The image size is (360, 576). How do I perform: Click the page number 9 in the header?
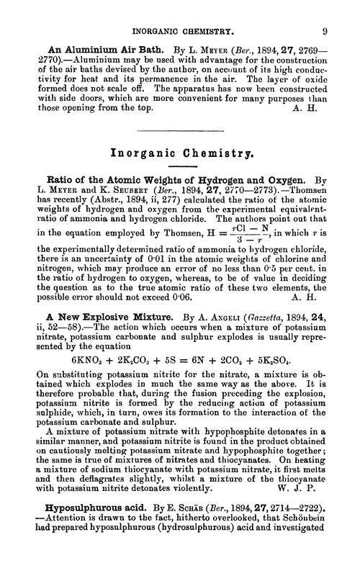tap(326, 12)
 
